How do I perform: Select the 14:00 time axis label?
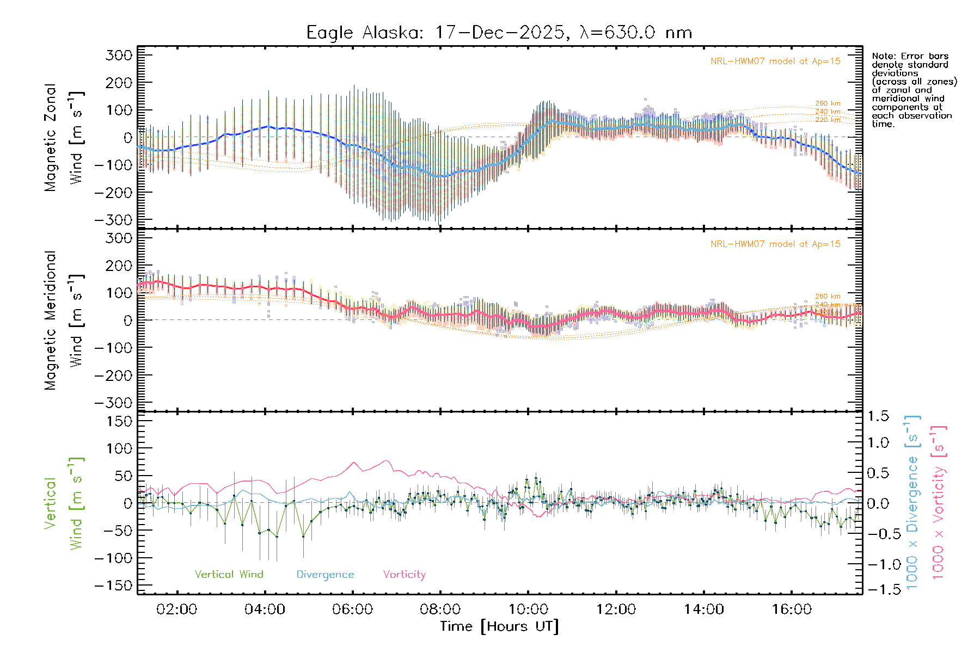[x=703, y=609]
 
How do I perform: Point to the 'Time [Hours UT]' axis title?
[x=499, y=626]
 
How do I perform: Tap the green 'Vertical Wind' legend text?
[x=229, y=574]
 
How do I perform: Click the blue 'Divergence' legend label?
[x=325, y=574]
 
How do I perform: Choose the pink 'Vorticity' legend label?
[x=404, y=574]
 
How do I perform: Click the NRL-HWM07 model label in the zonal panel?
[x=775, y=61]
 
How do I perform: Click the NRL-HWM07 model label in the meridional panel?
[x=775, y=244]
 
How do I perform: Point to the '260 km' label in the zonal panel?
[x=828, y=103]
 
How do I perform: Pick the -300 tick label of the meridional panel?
[x=113, y=403]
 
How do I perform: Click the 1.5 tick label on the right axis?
[x=878, y=416]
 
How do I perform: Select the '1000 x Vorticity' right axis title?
[x=939, y=502]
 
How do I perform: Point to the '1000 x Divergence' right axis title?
[x=912, y=502]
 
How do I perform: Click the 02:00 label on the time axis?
[x=176, y=609]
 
